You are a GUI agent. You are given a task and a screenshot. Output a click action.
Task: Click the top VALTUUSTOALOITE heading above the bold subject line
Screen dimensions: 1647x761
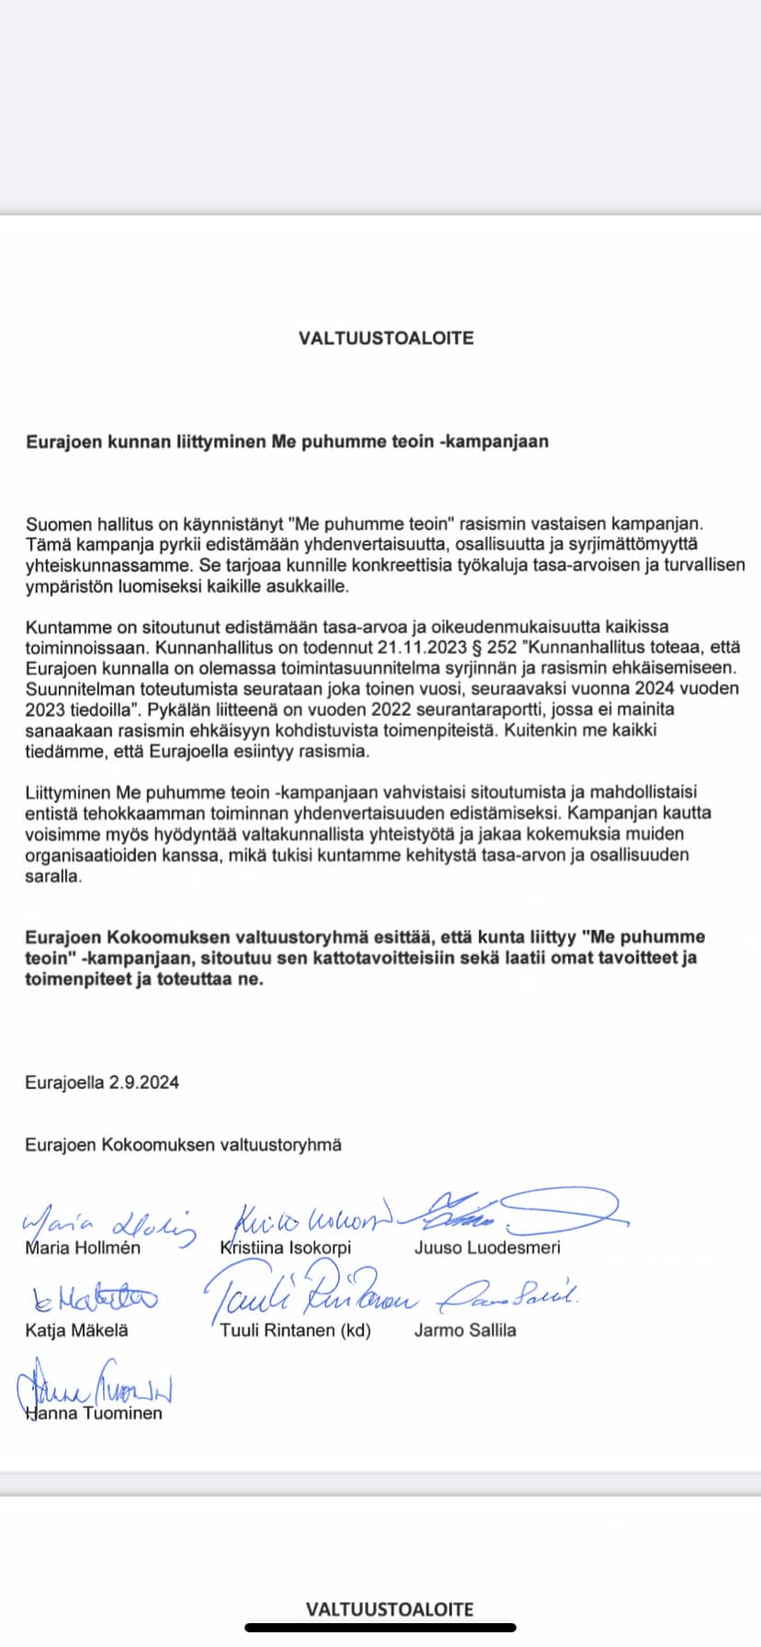tap(386, 338)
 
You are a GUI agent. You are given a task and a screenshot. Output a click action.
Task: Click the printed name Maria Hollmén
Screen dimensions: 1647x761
tap(83, 1247)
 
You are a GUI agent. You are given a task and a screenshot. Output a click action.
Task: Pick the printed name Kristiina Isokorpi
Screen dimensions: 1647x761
tap(286, 1247)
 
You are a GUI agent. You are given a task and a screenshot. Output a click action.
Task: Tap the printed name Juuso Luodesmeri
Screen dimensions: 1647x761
tap(487, 1247)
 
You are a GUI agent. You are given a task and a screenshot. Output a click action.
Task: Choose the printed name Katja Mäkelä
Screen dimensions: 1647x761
tap(77, 1330)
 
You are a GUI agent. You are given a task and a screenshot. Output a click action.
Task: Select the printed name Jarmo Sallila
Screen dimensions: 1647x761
tap(465, 1330)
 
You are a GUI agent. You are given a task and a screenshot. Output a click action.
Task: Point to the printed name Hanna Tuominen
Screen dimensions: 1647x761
tap(94, 1414)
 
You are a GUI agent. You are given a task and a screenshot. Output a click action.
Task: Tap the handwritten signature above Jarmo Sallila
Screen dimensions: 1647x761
tap(507, 1296)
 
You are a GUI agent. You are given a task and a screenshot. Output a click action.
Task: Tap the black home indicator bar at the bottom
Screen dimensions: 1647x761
tap(380, 1628)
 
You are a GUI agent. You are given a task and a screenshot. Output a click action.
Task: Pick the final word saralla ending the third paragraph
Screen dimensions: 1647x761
tap(53, 876)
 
